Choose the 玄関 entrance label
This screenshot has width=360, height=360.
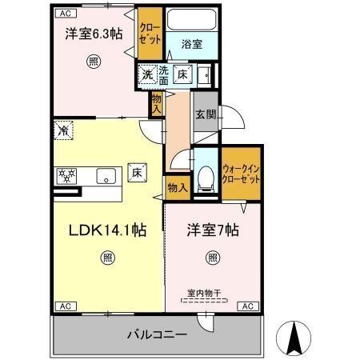click(204, 114)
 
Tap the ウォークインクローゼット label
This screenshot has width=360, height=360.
click(241, 174)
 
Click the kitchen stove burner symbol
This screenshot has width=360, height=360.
click(66, 174)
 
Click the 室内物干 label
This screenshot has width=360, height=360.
click(203, 293)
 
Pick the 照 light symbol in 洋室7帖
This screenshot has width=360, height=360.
click(212, 257)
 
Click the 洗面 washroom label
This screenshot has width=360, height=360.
click(163, 74)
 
